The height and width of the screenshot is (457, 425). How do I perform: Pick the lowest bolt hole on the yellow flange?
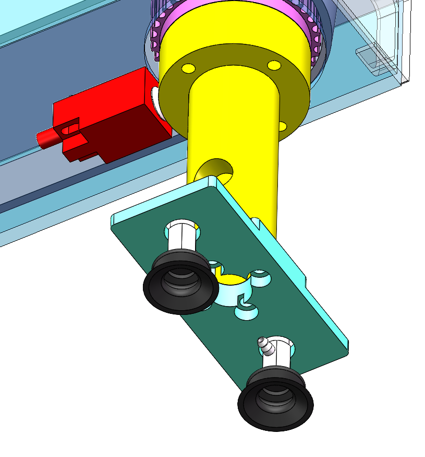pos(283,126)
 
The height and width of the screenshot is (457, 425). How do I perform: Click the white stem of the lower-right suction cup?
pos(282,356)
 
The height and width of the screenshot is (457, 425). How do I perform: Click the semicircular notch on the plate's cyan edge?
pos(255,222)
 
